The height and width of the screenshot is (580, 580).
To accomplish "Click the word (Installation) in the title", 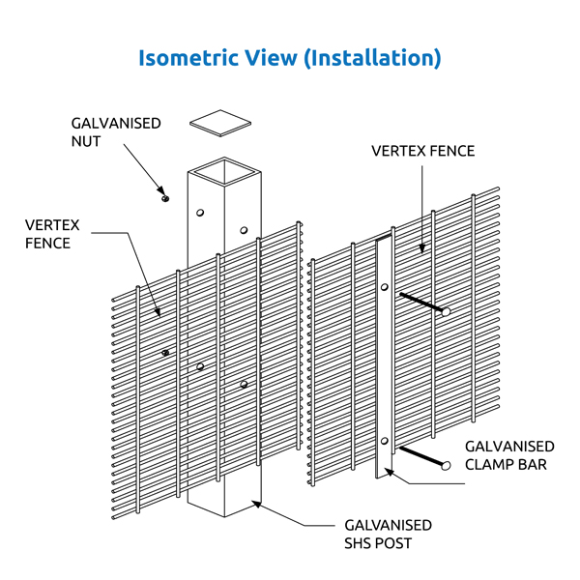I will coord(371,58).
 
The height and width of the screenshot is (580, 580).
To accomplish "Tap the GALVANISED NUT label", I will coord(115,132).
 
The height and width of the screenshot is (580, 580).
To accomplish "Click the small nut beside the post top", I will coord(165,198).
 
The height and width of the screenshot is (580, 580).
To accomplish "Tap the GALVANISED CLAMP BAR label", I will coord(509,455).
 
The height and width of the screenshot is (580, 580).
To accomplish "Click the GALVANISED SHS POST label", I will coord(388,534).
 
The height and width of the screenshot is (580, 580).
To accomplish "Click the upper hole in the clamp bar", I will coord(385,287).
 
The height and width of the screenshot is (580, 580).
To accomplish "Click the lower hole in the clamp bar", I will coord(385,442).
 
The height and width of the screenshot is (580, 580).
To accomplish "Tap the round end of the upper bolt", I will coord(446,311).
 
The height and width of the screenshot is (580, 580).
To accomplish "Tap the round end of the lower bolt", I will coord(446,465).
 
